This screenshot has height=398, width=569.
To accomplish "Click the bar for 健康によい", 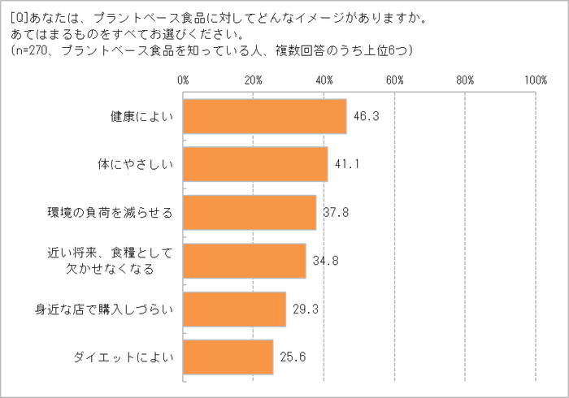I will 264,116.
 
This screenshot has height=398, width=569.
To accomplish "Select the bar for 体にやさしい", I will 255,164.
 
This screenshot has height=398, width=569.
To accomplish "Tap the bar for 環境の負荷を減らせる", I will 250,213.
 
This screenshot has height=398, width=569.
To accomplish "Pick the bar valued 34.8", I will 244,261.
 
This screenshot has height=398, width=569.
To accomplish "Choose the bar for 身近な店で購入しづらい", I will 234,309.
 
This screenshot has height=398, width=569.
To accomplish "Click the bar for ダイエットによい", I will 228,357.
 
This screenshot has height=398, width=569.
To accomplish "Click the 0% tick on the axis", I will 182,80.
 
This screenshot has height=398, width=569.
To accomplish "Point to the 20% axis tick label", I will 253,80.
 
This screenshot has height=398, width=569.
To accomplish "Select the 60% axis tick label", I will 394,80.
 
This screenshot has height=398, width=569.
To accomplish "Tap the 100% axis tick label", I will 535,80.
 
